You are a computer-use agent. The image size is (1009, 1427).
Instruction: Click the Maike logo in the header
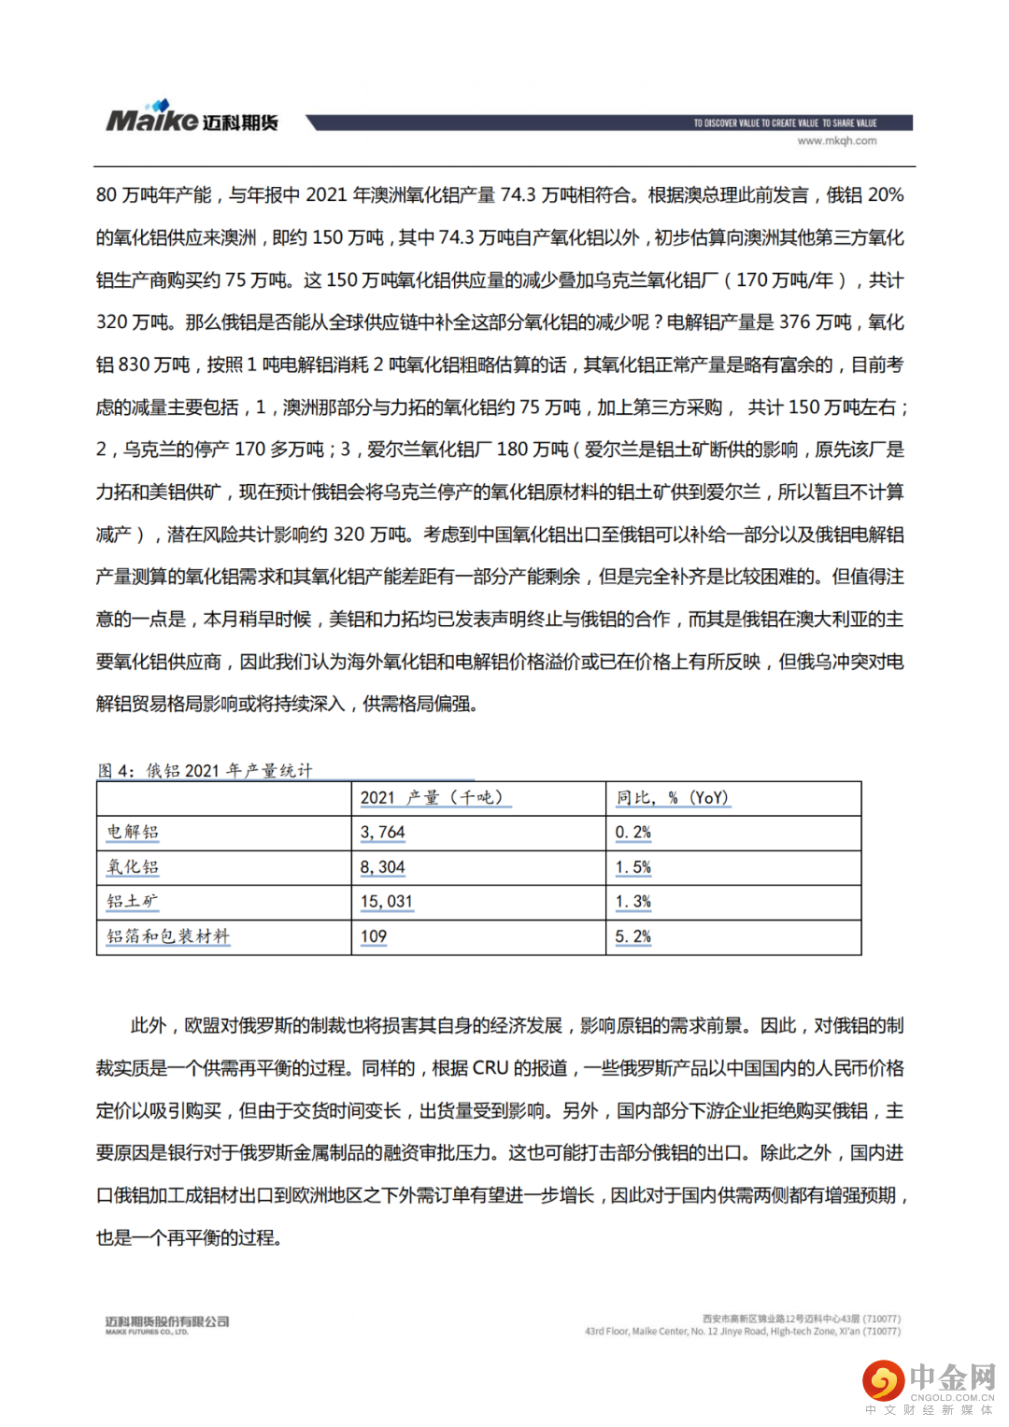click(x=192, y=119)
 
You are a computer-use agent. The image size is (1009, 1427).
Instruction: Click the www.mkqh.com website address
click(x=836, y=141)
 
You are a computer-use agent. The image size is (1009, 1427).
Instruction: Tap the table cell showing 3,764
click(x=382, y=832)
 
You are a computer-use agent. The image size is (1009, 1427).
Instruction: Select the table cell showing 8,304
click(x=382, y=867)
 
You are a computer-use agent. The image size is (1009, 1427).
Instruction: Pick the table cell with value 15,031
click(x=386, y=902)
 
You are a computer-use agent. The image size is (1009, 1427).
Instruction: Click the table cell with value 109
click(x=374, y=936)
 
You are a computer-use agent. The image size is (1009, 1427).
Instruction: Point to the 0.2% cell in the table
click(x=632, y=832)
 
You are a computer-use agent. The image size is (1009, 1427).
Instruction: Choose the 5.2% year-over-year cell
click(x=632, y=936)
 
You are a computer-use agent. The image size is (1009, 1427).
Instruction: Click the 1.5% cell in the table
click(x=632, y=867)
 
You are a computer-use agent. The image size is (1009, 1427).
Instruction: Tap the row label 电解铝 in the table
click(x=133, y=832)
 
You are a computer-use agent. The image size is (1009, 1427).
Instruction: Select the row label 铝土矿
click(x=133, y=902)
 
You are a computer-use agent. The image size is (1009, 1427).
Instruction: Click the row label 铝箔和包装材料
click(x=167, y=936)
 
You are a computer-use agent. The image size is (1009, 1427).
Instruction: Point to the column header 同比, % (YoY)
click(x=672, y=798)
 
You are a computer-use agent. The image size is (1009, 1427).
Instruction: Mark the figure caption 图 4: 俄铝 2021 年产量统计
click(x=205, y=770)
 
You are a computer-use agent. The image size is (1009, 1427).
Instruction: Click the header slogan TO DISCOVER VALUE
click(x=785, y=123)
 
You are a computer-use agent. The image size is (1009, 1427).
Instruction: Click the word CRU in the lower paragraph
click(x=490, y=1068)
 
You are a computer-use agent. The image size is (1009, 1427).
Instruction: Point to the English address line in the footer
click(x=742, y=1331)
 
